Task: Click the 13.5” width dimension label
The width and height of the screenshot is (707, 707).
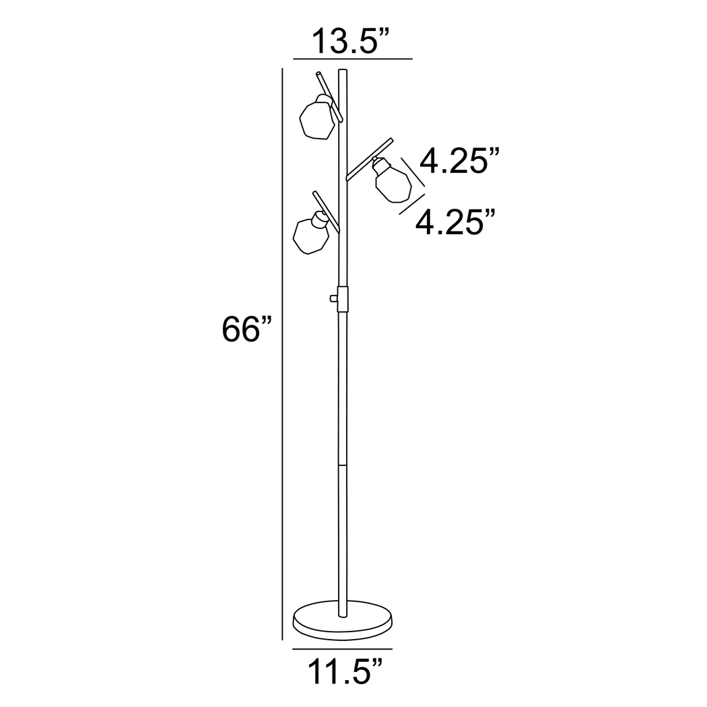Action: click(x=351, y=42)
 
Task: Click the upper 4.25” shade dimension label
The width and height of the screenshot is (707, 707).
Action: click(x=460, y=162)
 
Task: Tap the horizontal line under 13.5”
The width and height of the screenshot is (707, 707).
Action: click(x=353, y=59)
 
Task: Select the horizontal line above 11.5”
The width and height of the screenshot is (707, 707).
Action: click(x=343, y=649)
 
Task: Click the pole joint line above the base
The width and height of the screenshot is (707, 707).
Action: click(x=342, y=465)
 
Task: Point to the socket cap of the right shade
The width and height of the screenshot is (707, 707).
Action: click(x=379, y=163)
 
